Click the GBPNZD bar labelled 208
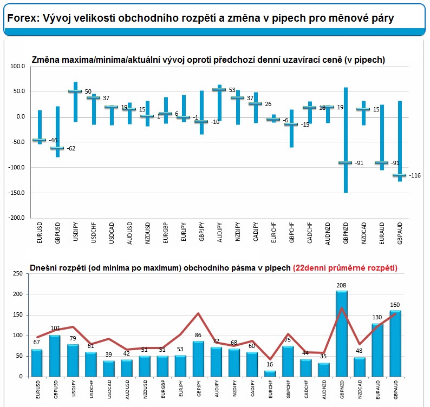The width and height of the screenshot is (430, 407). click(341, 333)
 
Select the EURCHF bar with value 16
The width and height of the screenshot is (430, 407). click(270, 373)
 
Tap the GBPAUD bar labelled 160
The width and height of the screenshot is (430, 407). click(395, 343)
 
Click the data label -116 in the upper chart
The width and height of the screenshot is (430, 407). click(415, 175)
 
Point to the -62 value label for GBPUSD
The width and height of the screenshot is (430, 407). click(71, 148)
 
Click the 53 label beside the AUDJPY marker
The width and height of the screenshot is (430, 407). click(232, 90)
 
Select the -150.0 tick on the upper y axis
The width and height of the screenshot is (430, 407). click(17, 192)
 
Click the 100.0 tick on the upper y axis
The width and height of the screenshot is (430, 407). click(18, 66)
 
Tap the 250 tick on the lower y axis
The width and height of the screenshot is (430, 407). click(17, 274)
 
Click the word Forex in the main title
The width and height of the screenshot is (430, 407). click(21, 18)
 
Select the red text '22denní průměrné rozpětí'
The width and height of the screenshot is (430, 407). click(345, 267)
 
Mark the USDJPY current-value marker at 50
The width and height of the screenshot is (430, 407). click(75, 91)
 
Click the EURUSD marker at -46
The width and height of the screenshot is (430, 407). click(39, 140)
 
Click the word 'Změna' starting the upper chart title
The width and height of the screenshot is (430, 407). click(46, 60)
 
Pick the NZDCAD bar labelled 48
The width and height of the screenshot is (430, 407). click(359, 367)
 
